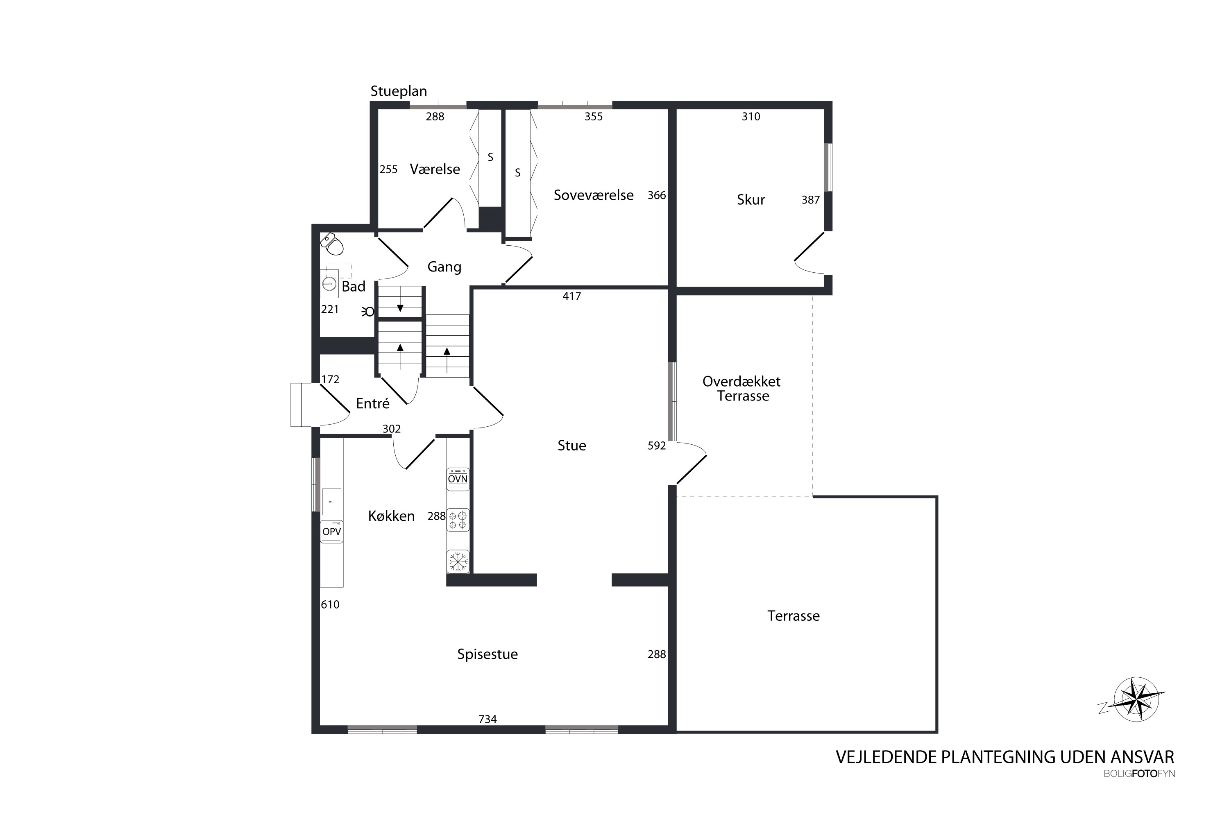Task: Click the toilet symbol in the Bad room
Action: click(x=331, y=244)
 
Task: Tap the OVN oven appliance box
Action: click(x=458, y=479)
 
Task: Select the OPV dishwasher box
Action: click(x=331, y=532)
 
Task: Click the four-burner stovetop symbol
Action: click(x=458, y=520)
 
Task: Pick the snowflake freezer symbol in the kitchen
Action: click(x=458, y=561)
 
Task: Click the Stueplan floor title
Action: click(x=399, y=91)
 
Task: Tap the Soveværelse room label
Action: click(x=594, y=195)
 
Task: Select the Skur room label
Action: click(x=751, y=199)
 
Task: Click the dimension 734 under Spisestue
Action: click(x=488, y=719)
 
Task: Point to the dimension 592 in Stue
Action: click(x=657, y=446)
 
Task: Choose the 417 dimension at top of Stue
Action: click(x=571, y=296)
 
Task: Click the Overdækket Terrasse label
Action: click(x=742, y=389)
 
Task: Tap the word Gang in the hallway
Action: click(x=444, y=267)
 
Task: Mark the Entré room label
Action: click(x=372, y=403)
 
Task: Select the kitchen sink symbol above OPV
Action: click(x=331, y=501)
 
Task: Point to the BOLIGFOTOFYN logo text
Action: click(x=1139, y=774)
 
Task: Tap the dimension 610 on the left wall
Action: click(x=330, y=605)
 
